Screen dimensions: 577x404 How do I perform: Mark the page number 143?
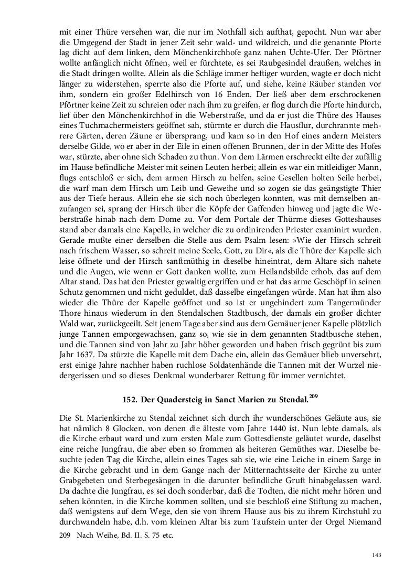[376, 555]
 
